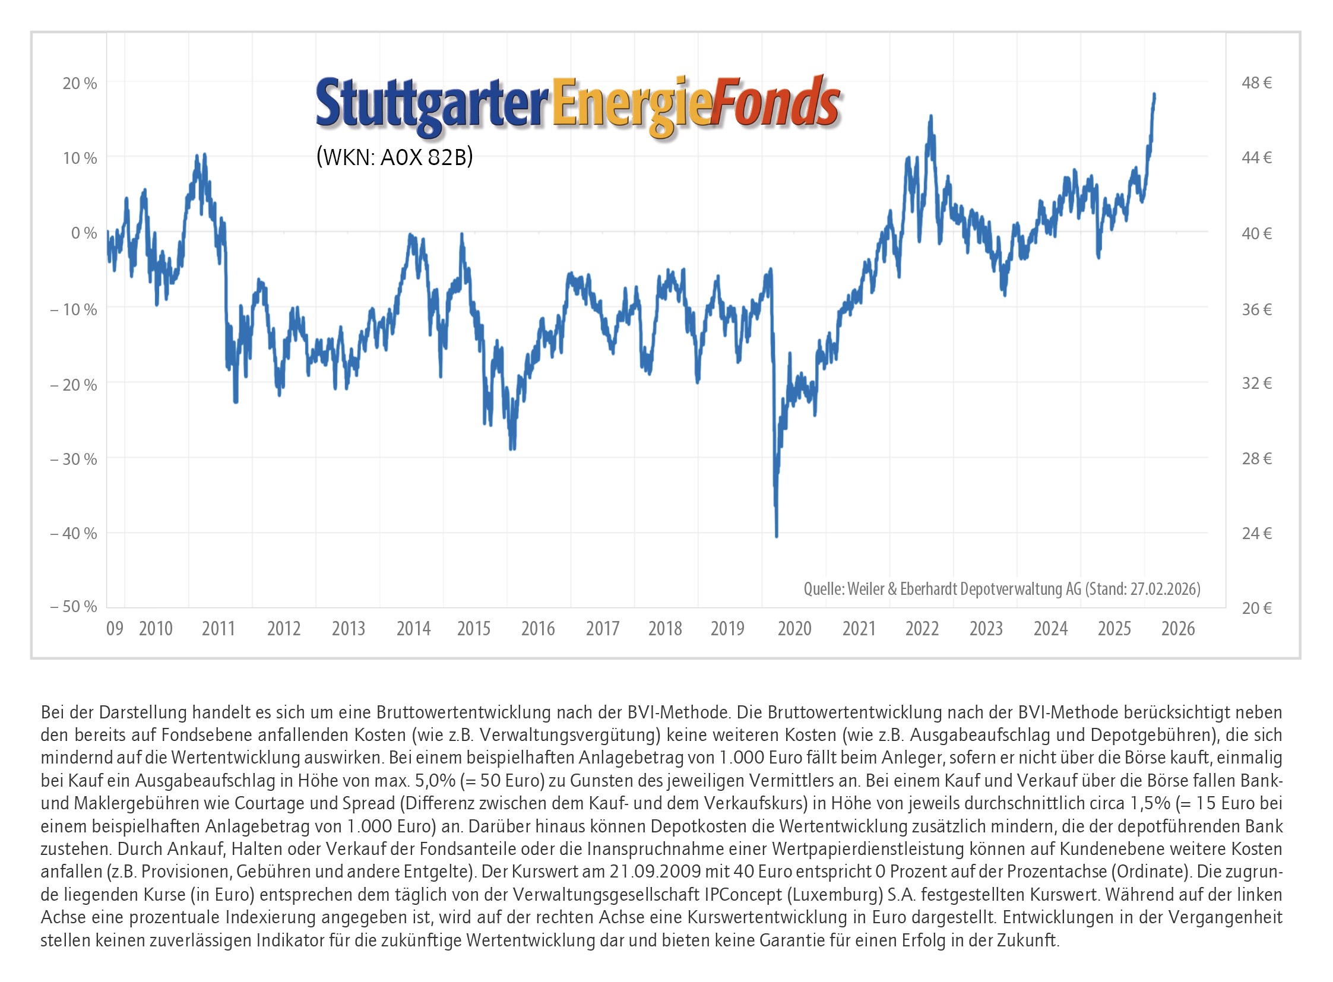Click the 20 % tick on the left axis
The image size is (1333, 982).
pyautogui.click(x=80, y=83)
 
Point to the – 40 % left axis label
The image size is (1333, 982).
pyautogui.click(x=73, y=533)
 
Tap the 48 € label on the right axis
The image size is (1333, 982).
pyautogui.click(x=1256, y=83)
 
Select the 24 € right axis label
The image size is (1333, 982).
pyautogui.click(x=1256, y=533)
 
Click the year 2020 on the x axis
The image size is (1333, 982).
pyautogui.click(x=794, y=629)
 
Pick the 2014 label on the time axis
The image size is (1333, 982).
pyautogui.click(x=413, y=629)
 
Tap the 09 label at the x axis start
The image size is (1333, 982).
pyautogui.click(x=115, y=629)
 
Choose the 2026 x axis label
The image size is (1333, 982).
pyautogui.click(x=1178, y=629)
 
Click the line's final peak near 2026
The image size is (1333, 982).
pyautogui.click(x=1154, y=94)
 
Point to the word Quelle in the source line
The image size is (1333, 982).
pyautogui.click(x=823, y=588)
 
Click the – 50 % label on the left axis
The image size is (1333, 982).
pyautogui.click(x=73, y=607)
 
